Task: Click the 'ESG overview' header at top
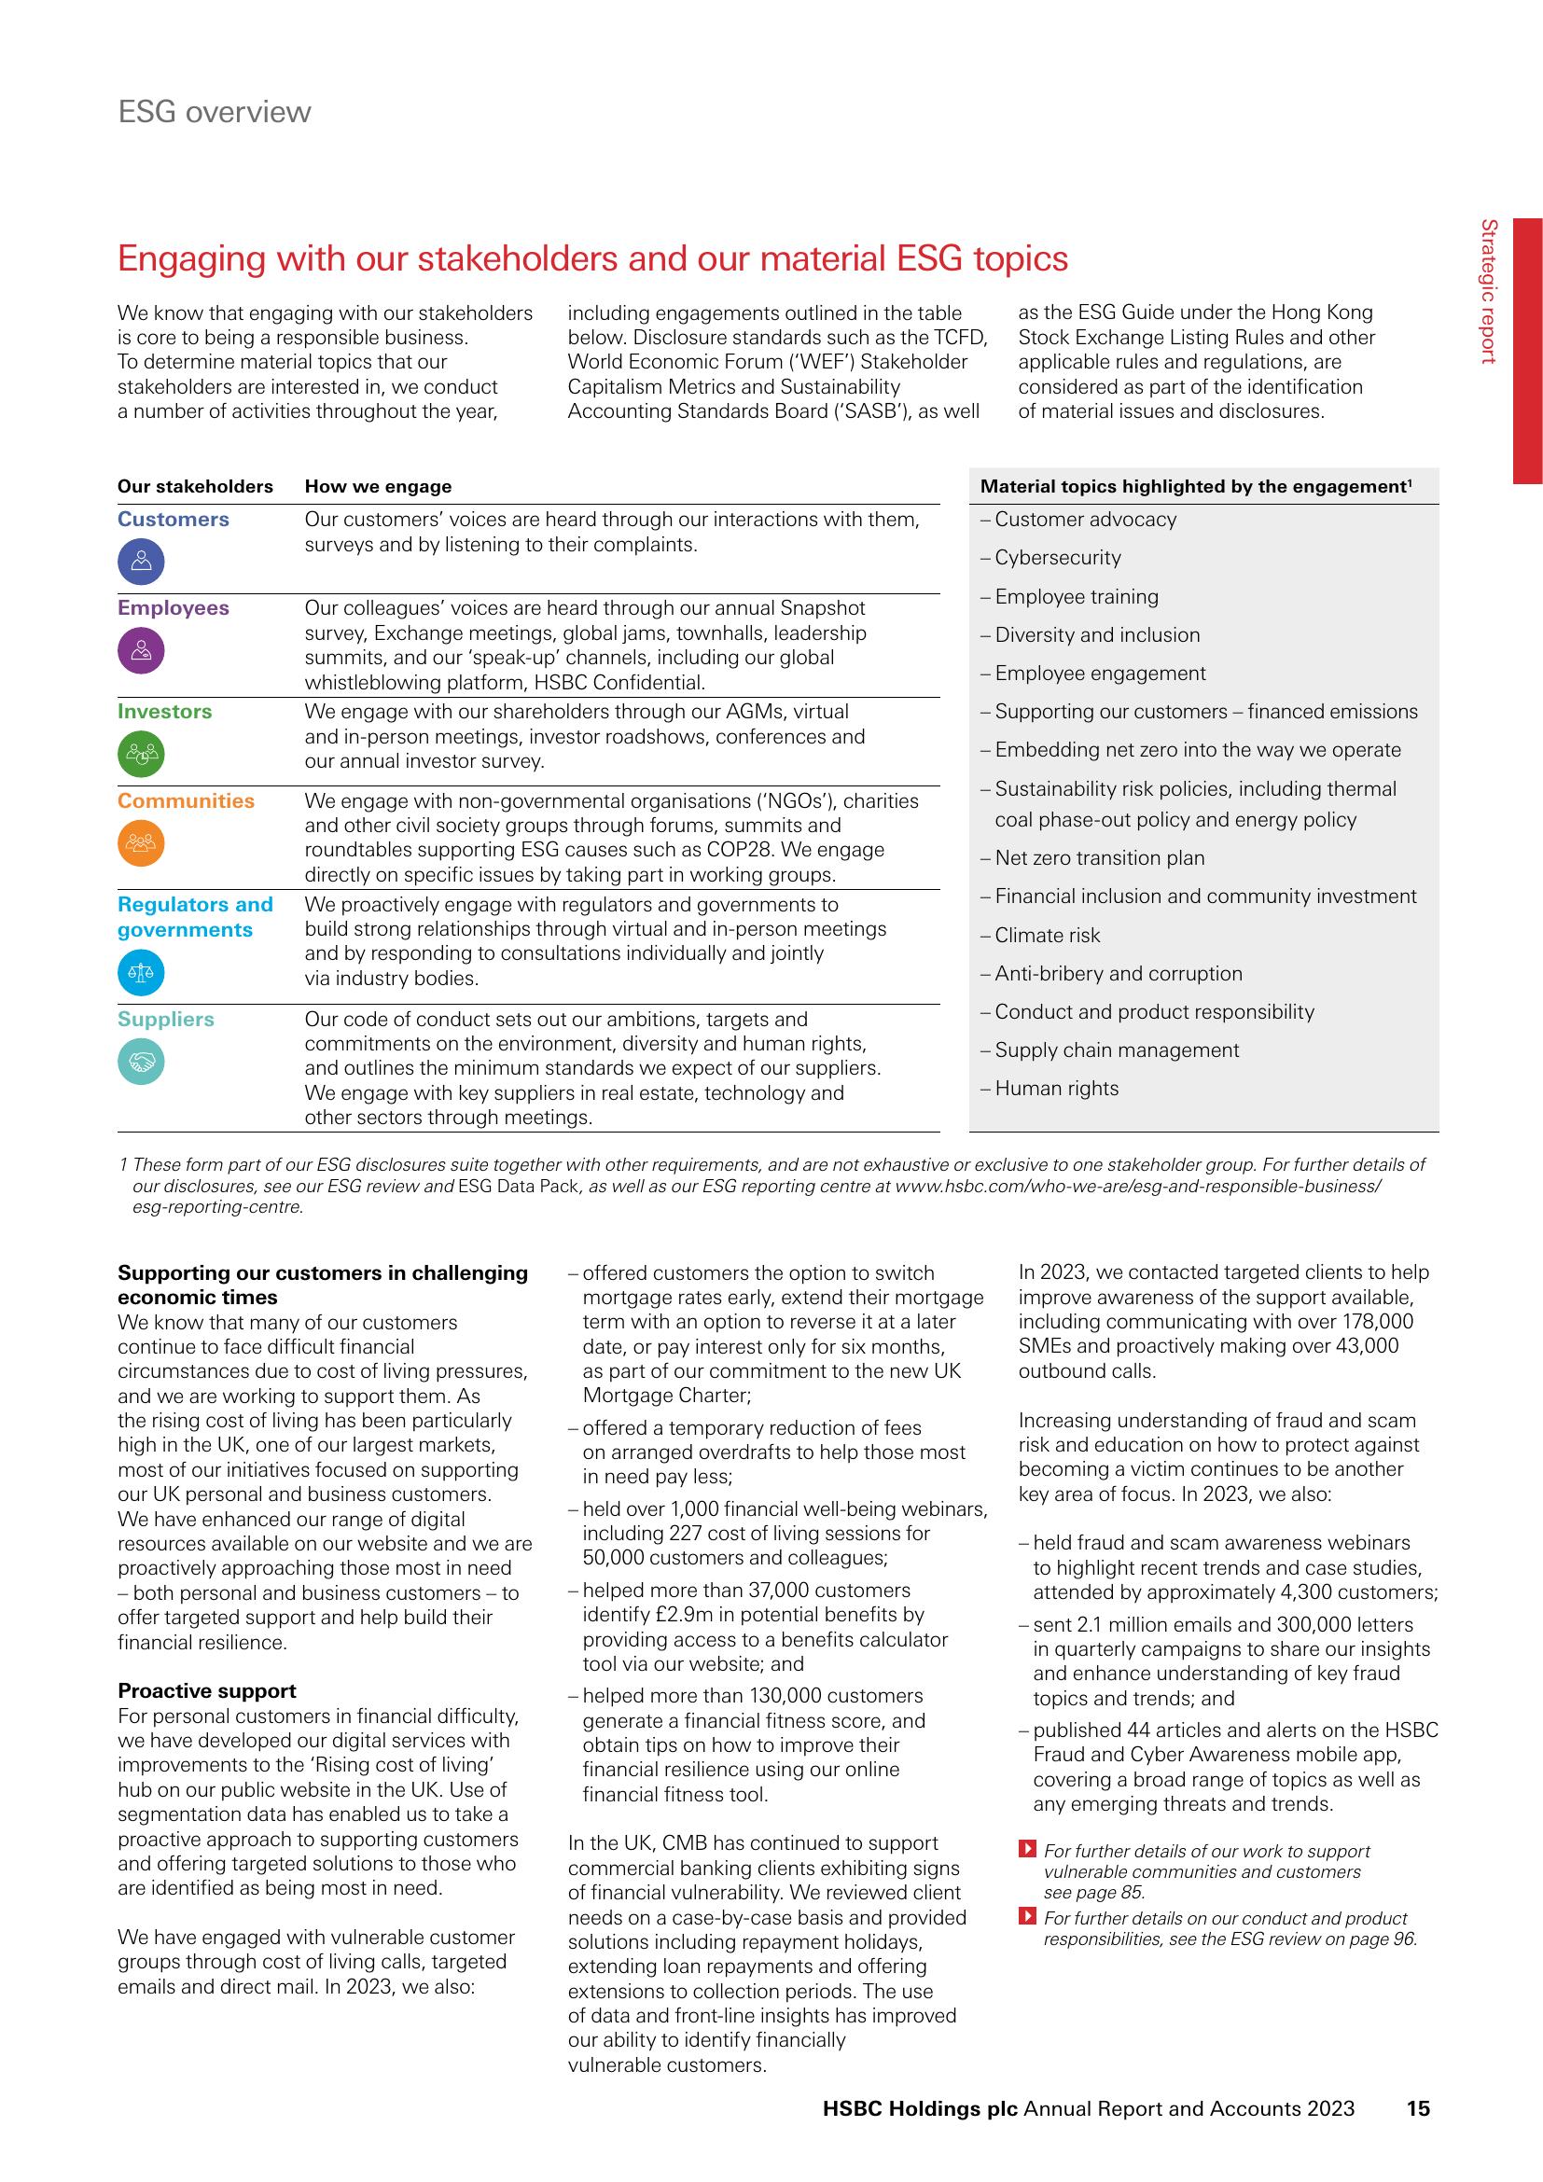pos(214,112)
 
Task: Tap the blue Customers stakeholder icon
pos(141,562)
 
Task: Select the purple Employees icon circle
pos(141,651)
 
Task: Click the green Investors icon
pos(141,755)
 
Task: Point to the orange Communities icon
pos(141,843)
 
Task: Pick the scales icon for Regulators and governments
pos(141,972)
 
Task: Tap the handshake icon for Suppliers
pos(141,1061)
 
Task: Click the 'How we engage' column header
pos(378,487)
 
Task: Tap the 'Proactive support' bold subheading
pos(206,1690)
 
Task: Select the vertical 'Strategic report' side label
pos(1489,291)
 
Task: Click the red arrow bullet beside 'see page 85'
pos(1026,1850)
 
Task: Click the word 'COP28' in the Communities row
pos(744,850)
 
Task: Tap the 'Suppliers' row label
pos(165,1019)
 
